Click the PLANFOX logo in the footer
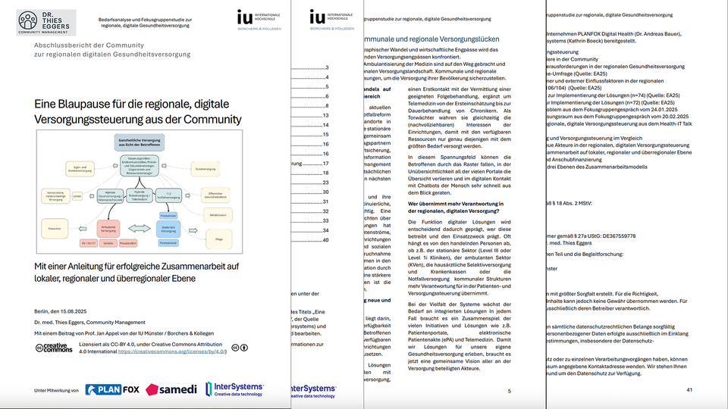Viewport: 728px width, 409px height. point(112,389)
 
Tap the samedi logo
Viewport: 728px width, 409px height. point(171,389)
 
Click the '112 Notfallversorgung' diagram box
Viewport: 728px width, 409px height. point(169,194)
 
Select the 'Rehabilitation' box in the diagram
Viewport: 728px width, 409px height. point(218,215)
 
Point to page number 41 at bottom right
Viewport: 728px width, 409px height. point(689,389)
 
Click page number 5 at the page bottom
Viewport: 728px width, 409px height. point(509,389)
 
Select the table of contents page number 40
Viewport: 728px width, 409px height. point(325,240)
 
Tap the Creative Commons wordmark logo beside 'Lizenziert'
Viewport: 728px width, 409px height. point(54,348)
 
